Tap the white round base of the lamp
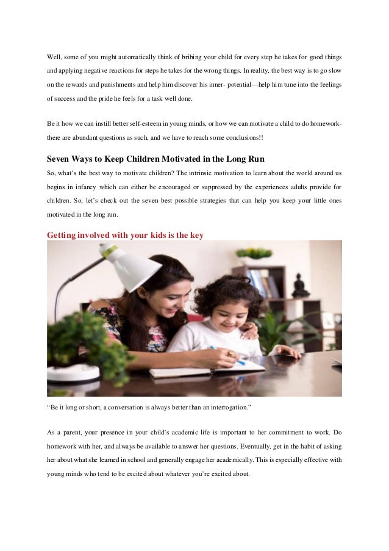point(73,372)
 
